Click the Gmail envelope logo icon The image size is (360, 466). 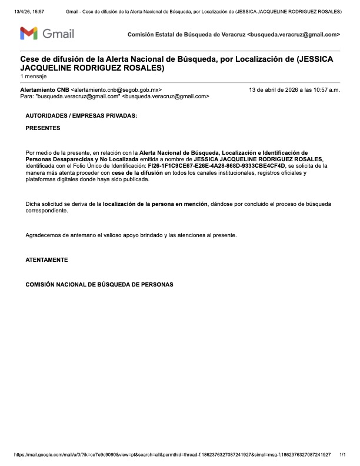coord(29,34)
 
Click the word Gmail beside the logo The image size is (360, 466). coord(58,34)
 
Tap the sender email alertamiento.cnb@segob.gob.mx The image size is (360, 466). coord(116,89)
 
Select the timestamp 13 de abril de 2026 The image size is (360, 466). coord(295,89)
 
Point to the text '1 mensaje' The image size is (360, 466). coord(33,76)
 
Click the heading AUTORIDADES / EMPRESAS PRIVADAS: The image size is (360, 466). coord(81,116)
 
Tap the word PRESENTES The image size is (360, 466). coord(42,128)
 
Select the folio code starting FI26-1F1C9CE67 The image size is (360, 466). coord(216,166)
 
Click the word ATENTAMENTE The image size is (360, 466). coord(46,259)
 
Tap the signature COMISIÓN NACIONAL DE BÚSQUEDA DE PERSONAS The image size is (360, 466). coord(99,284)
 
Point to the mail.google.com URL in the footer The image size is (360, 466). coord(171,455)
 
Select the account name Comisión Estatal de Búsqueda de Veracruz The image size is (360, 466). coord(187,35)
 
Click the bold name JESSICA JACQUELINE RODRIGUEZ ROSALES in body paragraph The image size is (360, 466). coord(259,159)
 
